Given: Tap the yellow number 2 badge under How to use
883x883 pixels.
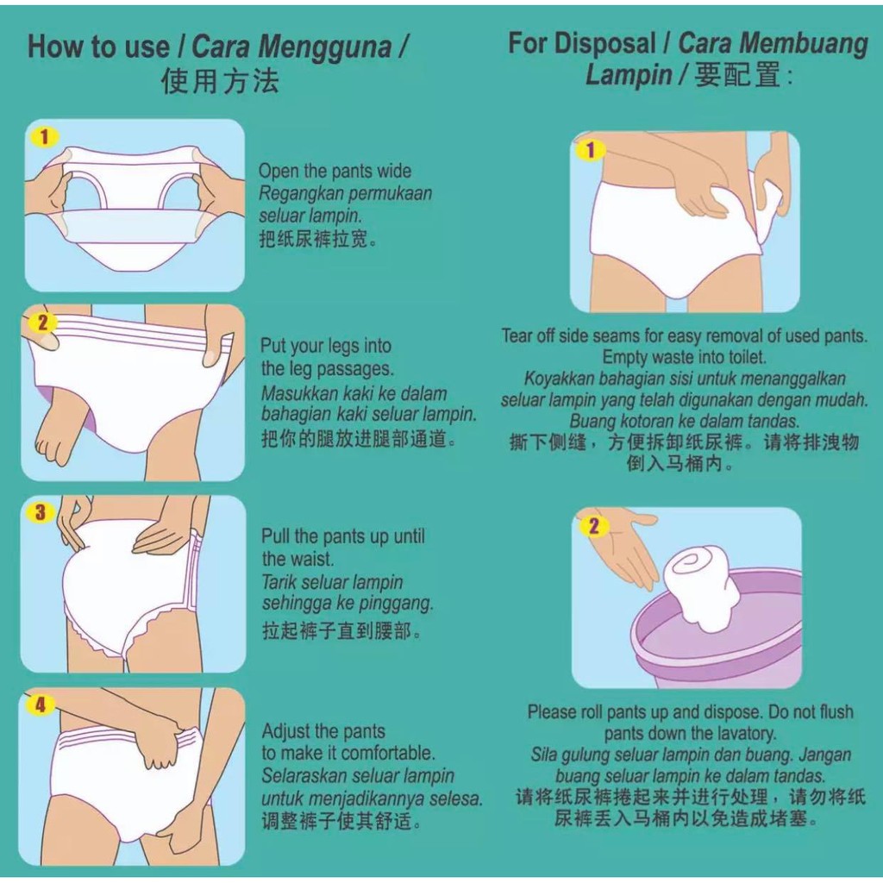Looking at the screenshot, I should pyautogui.click(x=41, y=324).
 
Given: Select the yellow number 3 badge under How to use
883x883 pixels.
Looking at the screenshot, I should pyautogui.click(x=41, y=513).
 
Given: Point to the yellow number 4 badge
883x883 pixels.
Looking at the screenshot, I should pyautogui.click(x=41, y=705).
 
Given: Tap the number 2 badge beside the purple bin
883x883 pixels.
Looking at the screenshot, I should pyautogui.click(x=593, y=525).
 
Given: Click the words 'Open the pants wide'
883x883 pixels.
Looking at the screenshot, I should pyautogui.click(x=335, y=171).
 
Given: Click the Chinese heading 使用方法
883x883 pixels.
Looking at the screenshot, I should pyautogui.click(x=220, y=81).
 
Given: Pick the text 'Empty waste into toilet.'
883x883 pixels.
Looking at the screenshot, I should pyautogui.click(x=684, y=357).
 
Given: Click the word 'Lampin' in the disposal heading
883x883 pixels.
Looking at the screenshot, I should pyautogui.click(x=629, y=76).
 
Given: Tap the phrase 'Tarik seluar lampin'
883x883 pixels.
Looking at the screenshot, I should pyautogui.click(x=332, y=582).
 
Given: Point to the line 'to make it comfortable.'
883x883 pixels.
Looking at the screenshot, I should pyautogui.click(x=348, y=753).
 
